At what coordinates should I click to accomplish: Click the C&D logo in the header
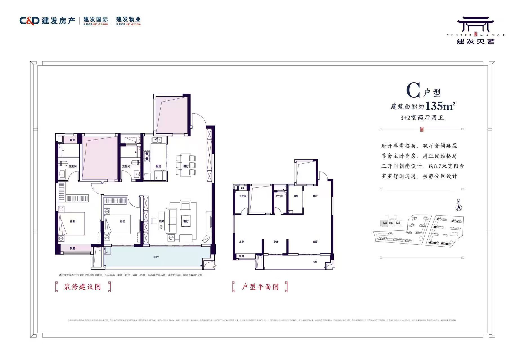pyautogui.click(x=29, y=21)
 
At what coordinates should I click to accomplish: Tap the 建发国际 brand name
pyautogui.click(x=96, y=19)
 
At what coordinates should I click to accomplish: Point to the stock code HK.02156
pyautogui.click(x=133, y=24)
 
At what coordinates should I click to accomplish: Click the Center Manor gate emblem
pyautogui.click(x=475, y=24)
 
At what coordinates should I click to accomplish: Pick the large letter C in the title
pyautogui.click(x=413, y=91)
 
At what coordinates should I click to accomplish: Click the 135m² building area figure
pyautogui.click(x=440, y=106)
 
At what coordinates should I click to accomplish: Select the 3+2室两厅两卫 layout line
pyautogui.click(x=422, y=118)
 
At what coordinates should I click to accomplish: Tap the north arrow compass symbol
pyautogui.click(x=459, y=208)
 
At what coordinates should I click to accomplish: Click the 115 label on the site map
pyautogui.click(x=391, y=223)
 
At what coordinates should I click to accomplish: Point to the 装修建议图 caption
pyautogui.click(x=82, y=287)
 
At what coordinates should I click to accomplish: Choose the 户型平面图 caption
pyautogui.click(x=260, y=287)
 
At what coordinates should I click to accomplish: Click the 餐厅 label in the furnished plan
pyautogui.click(x=186, y=166)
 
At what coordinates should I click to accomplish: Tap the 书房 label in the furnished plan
pyautogui.click(x=161, y=221)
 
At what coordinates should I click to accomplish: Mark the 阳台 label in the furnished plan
pyautogui.click(x=156, y=257)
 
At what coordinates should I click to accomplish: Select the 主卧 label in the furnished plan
pyautogui.click(x=72, y=221)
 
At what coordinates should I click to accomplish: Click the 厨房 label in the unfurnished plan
pyautogui.click(x=296, y=196)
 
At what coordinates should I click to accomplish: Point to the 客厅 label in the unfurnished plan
pyautogui.click(x=315, y=242)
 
